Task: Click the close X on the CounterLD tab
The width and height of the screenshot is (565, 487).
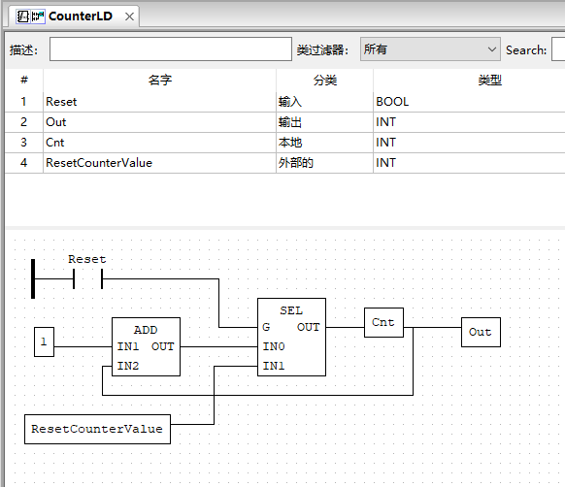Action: tap(129, 16)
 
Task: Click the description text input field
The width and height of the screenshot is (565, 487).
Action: tap(170, 49)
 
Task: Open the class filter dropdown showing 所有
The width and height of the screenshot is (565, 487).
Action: tap(429, 49)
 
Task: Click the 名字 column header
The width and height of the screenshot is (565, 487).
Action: tap(159, 81)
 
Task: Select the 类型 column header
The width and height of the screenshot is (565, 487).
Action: tap(489, 81)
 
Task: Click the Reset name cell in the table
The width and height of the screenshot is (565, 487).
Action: tap(61, 101)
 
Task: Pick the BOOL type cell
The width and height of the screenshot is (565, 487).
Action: tap(392, 101)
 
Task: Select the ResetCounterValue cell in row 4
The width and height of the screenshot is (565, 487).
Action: tap(99, 163)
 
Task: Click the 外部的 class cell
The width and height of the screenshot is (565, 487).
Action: tap(296, 163)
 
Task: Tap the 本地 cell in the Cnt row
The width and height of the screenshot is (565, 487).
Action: tap(290, 143)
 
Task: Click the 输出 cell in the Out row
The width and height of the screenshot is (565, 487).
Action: tap(290, 122)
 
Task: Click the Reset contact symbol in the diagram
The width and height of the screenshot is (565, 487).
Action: tap(87, 280)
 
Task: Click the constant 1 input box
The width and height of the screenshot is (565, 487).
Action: tap(44, 341)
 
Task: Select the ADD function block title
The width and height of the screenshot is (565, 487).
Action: tap(146, 330)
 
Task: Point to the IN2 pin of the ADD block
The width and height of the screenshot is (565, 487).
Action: tap(128, 366)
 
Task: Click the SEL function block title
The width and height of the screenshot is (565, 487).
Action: tap(291, 310)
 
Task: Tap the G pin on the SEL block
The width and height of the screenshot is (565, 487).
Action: tap(266, 327)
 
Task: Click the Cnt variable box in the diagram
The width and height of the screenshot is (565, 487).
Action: tap(383, 322)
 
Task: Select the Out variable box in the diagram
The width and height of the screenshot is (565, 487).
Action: tap(481, 332)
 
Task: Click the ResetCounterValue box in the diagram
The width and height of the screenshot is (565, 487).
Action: tap(97, 429)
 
